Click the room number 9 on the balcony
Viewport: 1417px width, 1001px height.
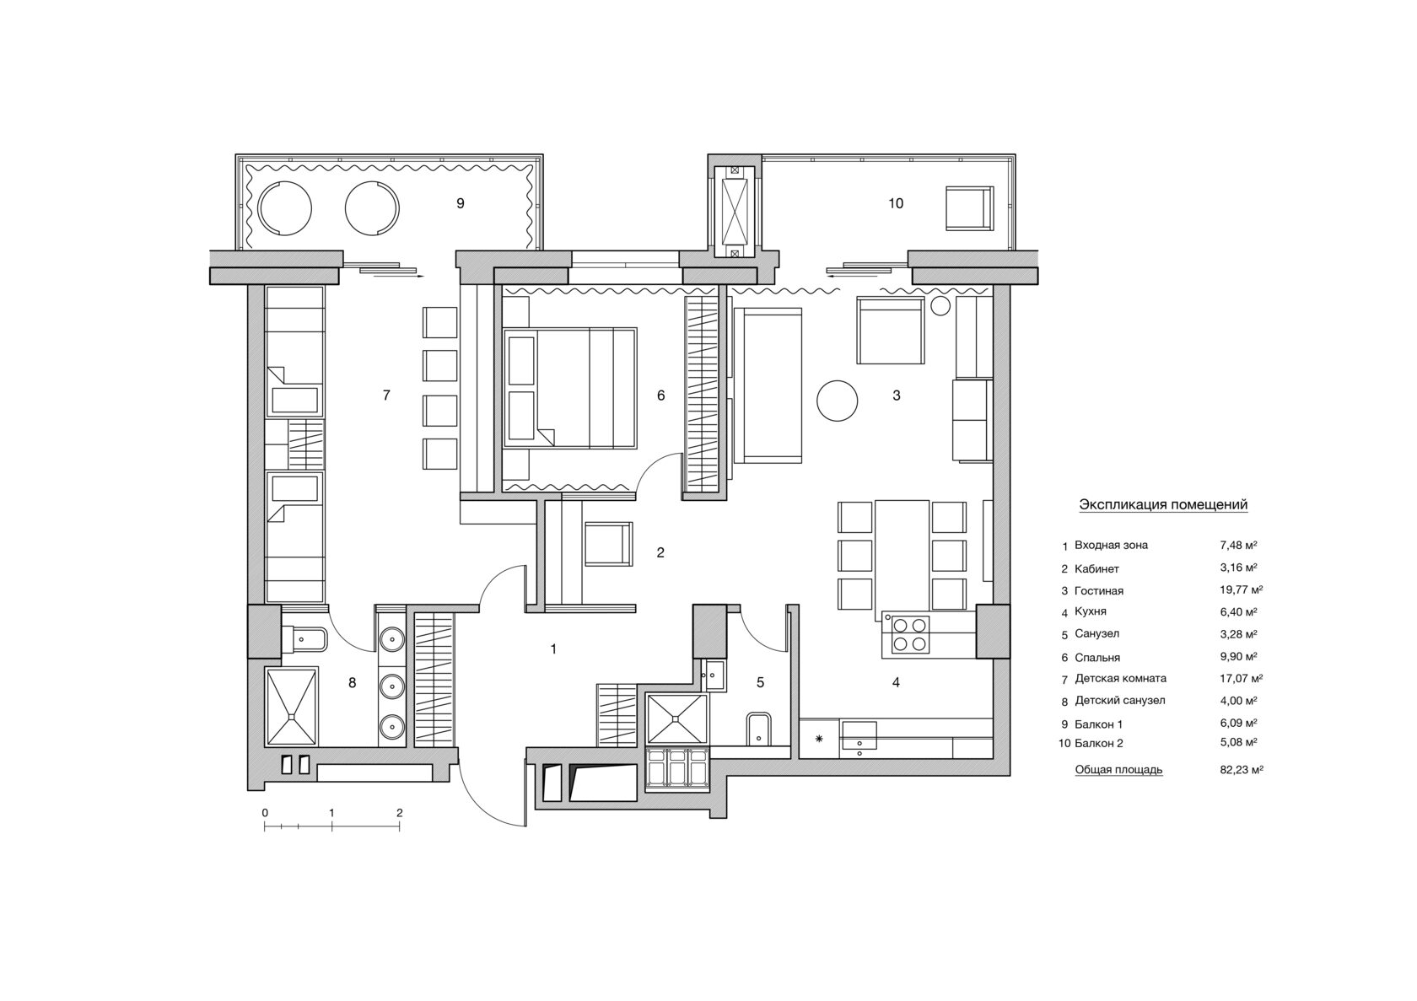461,203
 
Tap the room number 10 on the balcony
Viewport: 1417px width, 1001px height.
896,203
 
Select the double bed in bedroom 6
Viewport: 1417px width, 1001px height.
570,388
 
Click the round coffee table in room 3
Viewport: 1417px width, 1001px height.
837,401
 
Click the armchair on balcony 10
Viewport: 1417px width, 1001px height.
969,208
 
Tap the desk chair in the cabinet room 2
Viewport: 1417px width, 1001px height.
609,544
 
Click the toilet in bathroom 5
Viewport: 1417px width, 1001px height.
757,729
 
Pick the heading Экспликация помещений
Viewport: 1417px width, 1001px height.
1162,504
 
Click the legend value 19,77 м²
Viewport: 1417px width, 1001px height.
1242,590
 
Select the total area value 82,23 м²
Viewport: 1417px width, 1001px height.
1242,770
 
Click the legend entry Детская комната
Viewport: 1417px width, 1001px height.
1120,679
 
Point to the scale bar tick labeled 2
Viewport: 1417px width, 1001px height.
399,813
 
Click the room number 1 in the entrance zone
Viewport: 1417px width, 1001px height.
553,648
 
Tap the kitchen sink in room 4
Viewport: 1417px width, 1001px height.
859,735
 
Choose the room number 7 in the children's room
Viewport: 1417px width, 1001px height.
386,396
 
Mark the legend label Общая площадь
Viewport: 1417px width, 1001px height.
1118,770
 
